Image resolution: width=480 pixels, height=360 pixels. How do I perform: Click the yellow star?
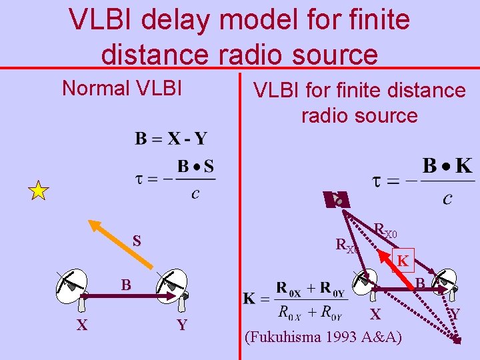pyautogui.click(x=39, y=191)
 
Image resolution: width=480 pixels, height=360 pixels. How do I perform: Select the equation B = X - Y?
pyautogui.click(x=171, y=139)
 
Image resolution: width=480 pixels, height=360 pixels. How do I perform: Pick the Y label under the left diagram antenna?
pyautogui.click(x=181, y=325)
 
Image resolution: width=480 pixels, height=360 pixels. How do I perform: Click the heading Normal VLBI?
pyautogui.click(x=121, y=88)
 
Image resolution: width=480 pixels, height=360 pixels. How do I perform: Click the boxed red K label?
pyautogui.click(x=403, y=261)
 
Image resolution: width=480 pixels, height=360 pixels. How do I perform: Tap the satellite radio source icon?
pyautogui.click(x=339, y=199)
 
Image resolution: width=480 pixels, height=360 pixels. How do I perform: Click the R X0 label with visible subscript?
pyautogui.click(x=385, y=231)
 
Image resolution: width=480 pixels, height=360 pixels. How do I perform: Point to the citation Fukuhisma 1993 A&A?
pyautogui.click(x=324, y=337)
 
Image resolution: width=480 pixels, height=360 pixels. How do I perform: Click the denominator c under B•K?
pyautogui.click(x=447, y=198)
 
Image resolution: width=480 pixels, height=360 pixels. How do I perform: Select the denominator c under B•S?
pyautogui.click(x=194, y=194)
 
